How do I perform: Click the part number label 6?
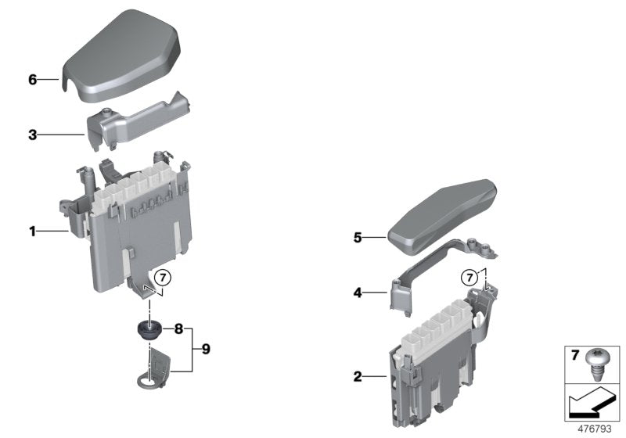[x=33, y=80]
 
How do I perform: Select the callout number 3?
[x=33, y=135]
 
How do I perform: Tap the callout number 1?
[x=33, y=231]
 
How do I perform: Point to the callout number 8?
[x=178, y=330]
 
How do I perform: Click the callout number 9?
[x=205, y=348]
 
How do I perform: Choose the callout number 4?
[x=358, y=293]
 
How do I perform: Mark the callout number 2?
[x=358, y=377]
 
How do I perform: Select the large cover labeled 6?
[x=121, y=55]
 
